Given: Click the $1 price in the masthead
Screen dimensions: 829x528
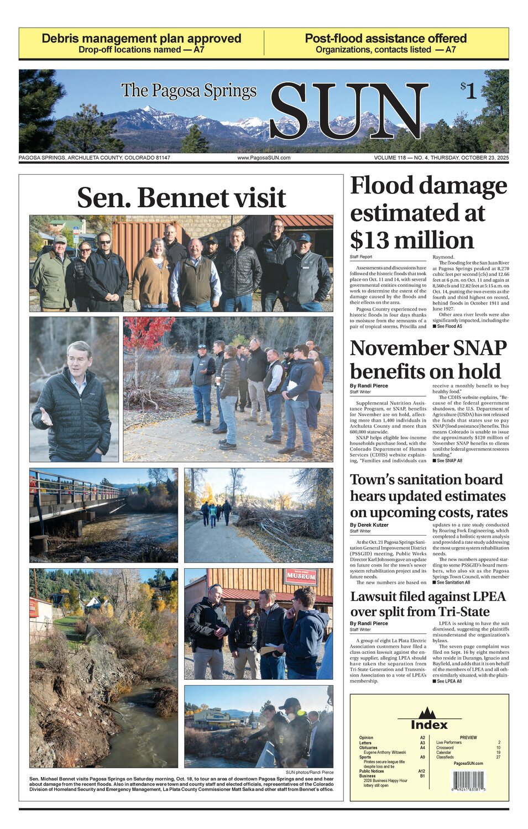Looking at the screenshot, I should (468, 90).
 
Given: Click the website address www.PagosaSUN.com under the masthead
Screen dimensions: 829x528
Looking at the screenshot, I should (264, 158).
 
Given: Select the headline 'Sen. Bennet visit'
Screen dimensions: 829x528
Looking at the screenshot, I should (181, 198).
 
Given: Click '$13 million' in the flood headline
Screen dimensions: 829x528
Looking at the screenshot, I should (412, 240).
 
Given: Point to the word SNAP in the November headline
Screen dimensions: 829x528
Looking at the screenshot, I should (475, 348).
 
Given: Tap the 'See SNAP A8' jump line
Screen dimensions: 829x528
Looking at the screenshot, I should (447, 460).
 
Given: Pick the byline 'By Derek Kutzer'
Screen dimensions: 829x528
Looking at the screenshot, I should (369, 525).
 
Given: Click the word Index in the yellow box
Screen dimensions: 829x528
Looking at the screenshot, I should (429, 725).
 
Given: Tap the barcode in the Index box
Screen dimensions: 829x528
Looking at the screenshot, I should (468, 781).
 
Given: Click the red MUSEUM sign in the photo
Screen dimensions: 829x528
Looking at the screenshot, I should (301, 577).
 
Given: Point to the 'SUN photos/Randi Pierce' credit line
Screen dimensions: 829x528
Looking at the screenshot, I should (310, 773).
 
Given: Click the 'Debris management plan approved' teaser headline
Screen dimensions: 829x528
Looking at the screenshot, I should (142, 39).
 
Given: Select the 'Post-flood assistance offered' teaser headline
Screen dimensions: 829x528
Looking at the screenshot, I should (386, 39).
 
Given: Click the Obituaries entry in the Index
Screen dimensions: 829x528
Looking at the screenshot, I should (368, 748).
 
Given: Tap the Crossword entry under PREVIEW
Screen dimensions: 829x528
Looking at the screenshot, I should (445, 748).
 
